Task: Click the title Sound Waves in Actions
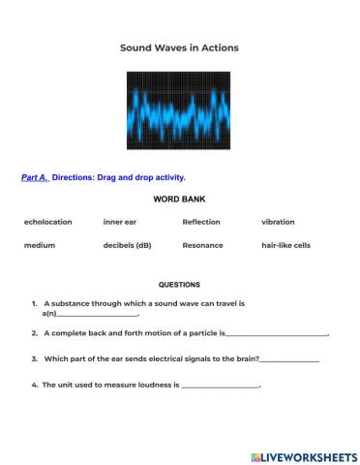tap(179, 46)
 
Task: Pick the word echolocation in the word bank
tap(48, 222)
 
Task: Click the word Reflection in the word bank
tap(201, 222)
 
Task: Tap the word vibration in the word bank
tap(279, 222)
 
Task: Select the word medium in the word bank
tap(40, 245)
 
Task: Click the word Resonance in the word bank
tap(202, 245)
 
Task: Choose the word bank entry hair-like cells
tap(286, 245)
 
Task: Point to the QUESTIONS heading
tap(179, 285)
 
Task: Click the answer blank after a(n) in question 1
tap(98, 314)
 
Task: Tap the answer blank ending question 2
tap(277, 333)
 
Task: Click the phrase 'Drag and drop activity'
tap(141, 177)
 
